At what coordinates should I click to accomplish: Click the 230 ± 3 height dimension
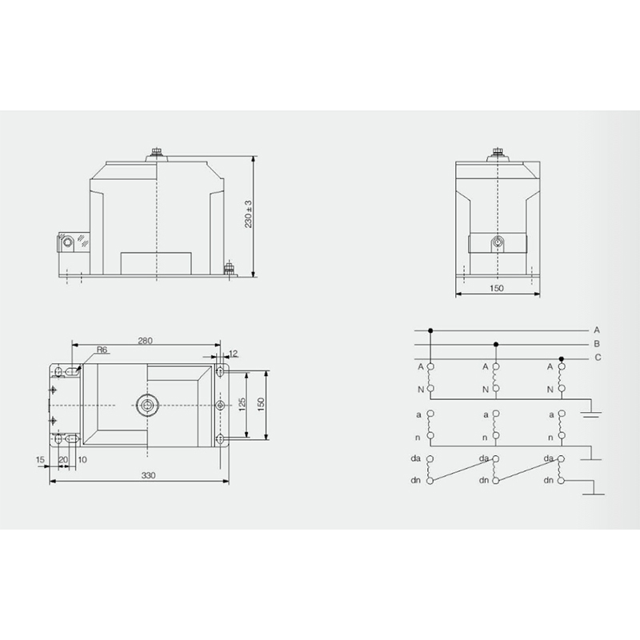(x=249, y=214)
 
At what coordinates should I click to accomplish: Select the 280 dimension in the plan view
(x=145, y=341)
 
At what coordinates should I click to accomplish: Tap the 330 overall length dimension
(x=148, y=475)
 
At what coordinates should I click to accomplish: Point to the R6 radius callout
(x=102, y=350)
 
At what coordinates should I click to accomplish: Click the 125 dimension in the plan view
(x=242, y=404)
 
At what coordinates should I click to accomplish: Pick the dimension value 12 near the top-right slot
(x=234, y=354)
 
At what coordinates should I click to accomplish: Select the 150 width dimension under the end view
(x=496, y=288)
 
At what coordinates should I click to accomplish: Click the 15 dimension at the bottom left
(x=40, y=459)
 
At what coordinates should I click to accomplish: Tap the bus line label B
(x=597, y=344)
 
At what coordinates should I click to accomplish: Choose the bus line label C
(x=598, y=358)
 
